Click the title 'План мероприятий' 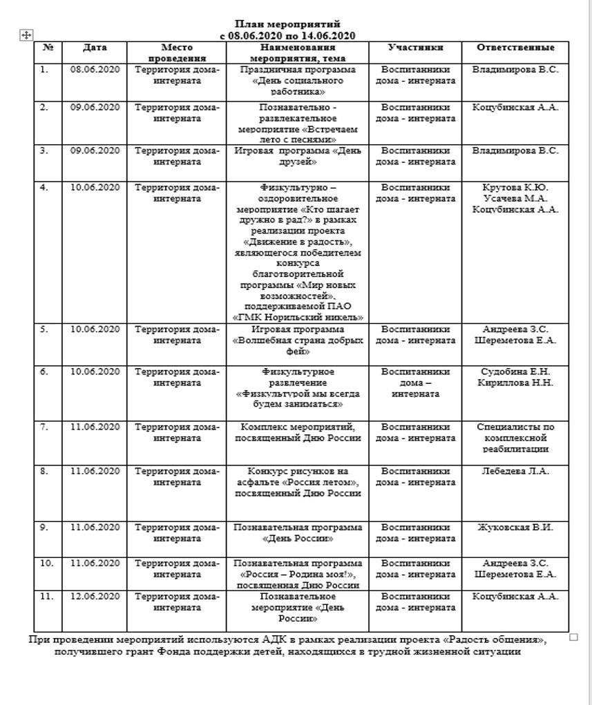click(x=287, y=24)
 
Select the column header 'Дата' click(x=95, y=48)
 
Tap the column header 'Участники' click(x=415, y=48)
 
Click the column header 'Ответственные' click(x=515, y=48)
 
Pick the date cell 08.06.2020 click(x=95, y=70)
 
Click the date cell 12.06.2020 click(x=95, y=596)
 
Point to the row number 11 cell click(x=46, y=596)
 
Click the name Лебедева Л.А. click(x=515, y=471)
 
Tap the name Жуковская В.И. click(x=515, y=528)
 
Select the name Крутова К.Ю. click(x=515, y=187)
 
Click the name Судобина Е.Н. click(x=515, y=371)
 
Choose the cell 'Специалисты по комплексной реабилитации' click(x=515, y=438)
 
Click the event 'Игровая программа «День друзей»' click(x=298, y=156)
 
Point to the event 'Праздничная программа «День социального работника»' click(x=298, y=80)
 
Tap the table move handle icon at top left click(x=26, y=36)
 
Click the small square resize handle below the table click(x=573, y=637)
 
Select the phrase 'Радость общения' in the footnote click(x=504, y=640)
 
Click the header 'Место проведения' click(x=177, y=52)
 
